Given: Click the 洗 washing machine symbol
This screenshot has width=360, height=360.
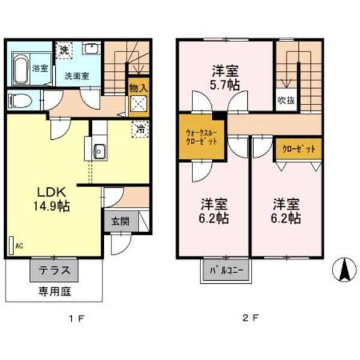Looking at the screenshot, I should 64,50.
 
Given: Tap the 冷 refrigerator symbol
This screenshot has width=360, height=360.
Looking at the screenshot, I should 139,128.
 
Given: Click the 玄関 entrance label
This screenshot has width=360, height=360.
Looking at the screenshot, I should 120,220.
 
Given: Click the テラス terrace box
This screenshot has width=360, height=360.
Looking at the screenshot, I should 54,270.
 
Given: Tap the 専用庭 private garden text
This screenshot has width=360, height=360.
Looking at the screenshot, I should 54,292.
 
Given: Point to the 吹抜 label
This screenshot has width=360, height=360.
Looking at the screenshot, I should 286,100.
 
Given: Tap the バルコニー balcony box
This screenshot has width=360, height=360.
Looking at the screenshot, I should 226,271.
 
